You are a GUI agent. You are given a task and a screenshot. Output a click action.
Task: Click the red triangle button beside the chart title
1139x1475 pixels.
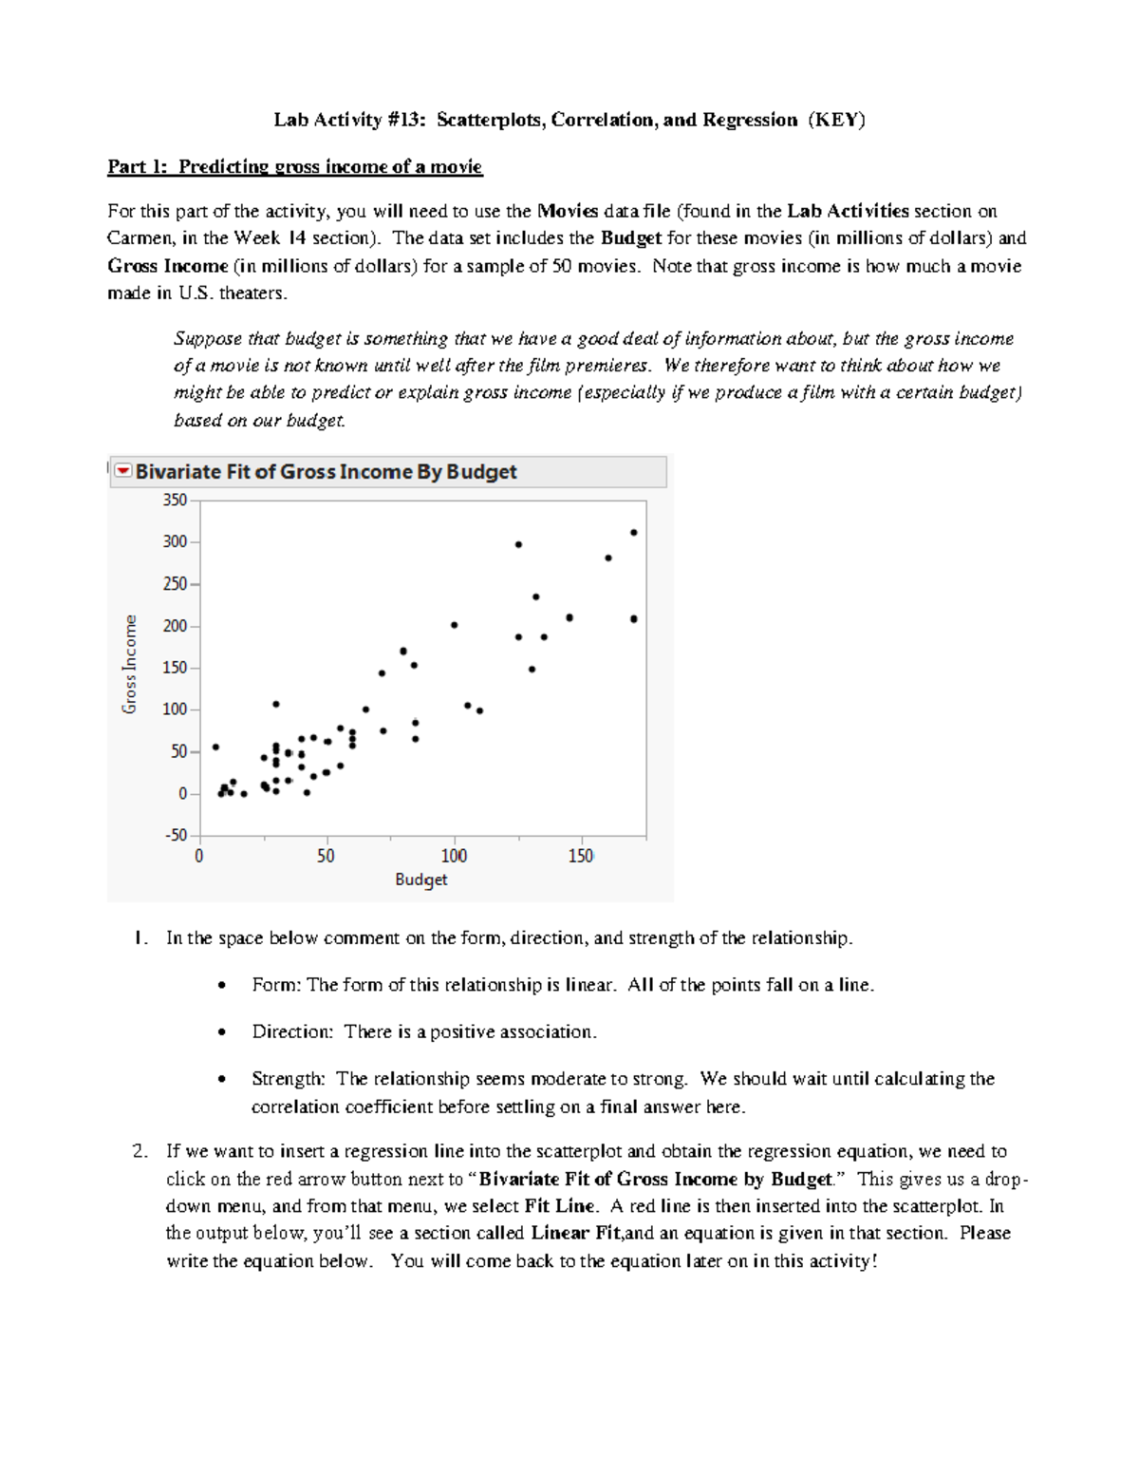coord(123,471)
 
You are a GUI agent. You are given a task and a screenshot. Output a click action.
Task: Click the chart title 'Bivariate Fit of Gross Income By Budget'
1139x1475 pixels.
coord(326,472)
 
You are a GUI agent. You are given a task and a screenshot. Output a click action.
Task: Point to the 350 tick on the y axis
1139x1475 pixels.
coord(175,500)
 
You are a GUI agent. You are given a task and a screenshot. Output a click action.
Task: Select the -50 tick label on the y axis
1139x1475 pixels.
coord(177,836)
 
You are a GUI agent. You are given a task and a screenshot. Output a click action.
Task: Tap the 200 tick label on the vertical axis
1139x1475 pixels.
coord(175,626)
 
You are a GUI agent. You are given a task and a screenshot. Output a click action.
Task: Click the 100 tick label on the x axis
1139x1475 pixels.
coord(454,856)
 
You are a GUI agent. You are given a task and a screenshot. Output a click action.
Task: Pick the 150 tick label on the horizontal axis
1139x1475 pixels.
coord(580,856)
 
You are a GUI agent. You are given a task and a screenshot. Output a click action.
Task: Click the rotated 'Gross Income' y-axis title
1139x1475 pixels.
coord(130,664)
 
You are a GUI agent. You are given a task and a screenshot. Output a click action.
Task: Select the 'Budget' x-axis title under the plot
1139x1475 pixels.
coord(420,879)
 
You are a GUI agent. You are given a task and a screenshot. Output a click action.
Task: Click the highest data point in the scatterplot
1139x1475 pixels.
coord(634,533)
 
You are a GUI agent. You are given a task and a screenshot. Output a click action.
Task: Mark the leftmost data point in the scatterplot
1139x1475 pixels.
coord(215,747)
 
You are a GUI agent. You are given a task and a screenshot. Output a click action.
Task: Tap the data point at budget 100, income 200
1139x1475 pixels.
coord(455,625)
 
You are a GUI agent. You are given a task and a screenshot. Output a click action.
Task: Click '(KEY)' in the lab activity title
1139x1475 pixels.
coord(836,120)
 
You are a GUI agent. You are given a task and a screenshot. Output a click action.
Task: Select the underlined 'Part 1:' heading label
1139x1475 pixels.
coord(138,167)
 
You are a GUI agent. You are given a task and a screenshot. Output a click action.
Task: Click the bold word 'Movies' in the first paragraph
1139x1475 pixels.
coord(567,211)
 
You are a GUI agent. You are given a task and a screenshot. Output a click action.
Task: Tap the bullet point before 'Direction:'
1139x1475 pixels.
coord(222,1032)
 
